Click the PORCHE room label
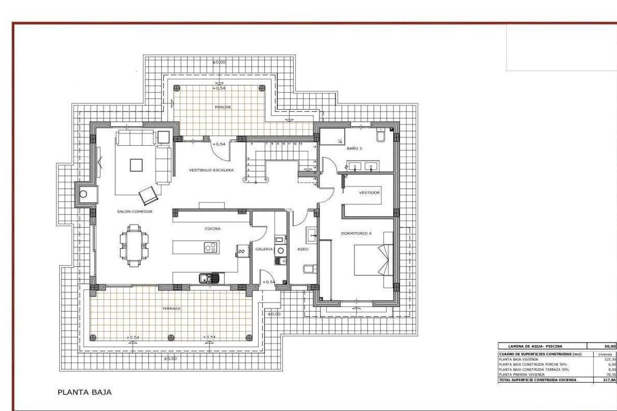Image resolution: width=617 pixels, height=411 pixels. click(223, 107)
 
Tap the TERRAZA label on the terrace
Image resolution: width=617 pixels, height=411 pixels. click(171, 308)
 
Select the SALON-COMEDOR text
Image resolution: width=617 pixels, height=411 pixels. click(135, 212)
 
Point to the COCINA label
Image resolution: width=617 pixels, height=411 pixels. click(213, 229)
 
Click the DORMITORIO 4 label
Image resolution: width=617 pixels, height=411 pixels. click(356, 233)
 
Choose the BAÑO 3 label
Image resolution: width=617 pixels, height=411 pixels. click(354, 149)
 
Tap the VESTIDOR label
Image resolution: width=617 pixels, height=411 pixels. click(369, 193)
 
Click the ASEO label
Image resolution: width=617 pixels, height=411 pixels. click(303, 249)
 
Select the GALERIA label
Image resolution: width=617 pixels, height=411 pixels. click(264, 249)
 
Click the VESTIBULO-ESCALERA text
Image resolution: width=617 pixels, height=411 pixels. click(211, 170)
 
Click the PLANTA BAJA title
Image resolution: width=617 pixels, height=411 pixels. click(85, 392)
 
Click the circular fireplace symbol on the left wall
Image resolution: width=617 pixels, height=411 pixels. click(84, 194)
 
